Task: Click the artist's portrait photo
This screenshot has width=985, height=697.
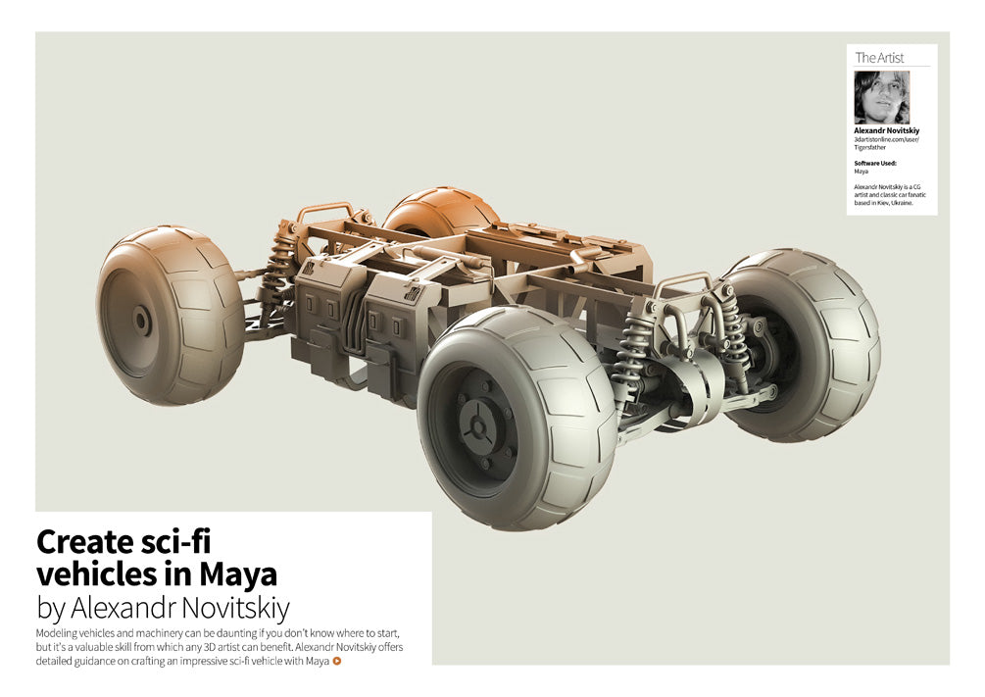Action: pyautogui.click(x=881, y=97)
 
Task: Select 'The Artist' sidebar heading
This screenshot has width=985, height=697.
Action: pyautogui.click(x=879, y=58)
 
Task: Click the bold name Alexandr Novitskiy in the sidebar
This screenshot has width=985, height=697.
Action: pyautogui.click(x=887, y=130)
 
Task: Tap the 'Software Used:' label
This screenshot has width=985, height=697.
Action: pyautogui.click(x=875, y=163)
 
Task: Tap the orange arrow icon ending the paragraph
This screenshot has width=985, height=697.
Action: pyautogui.click(x=337, y=661)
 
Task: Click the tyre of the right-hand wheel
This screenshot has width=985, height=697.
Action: pyautogui.click(x=838, y=324)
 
